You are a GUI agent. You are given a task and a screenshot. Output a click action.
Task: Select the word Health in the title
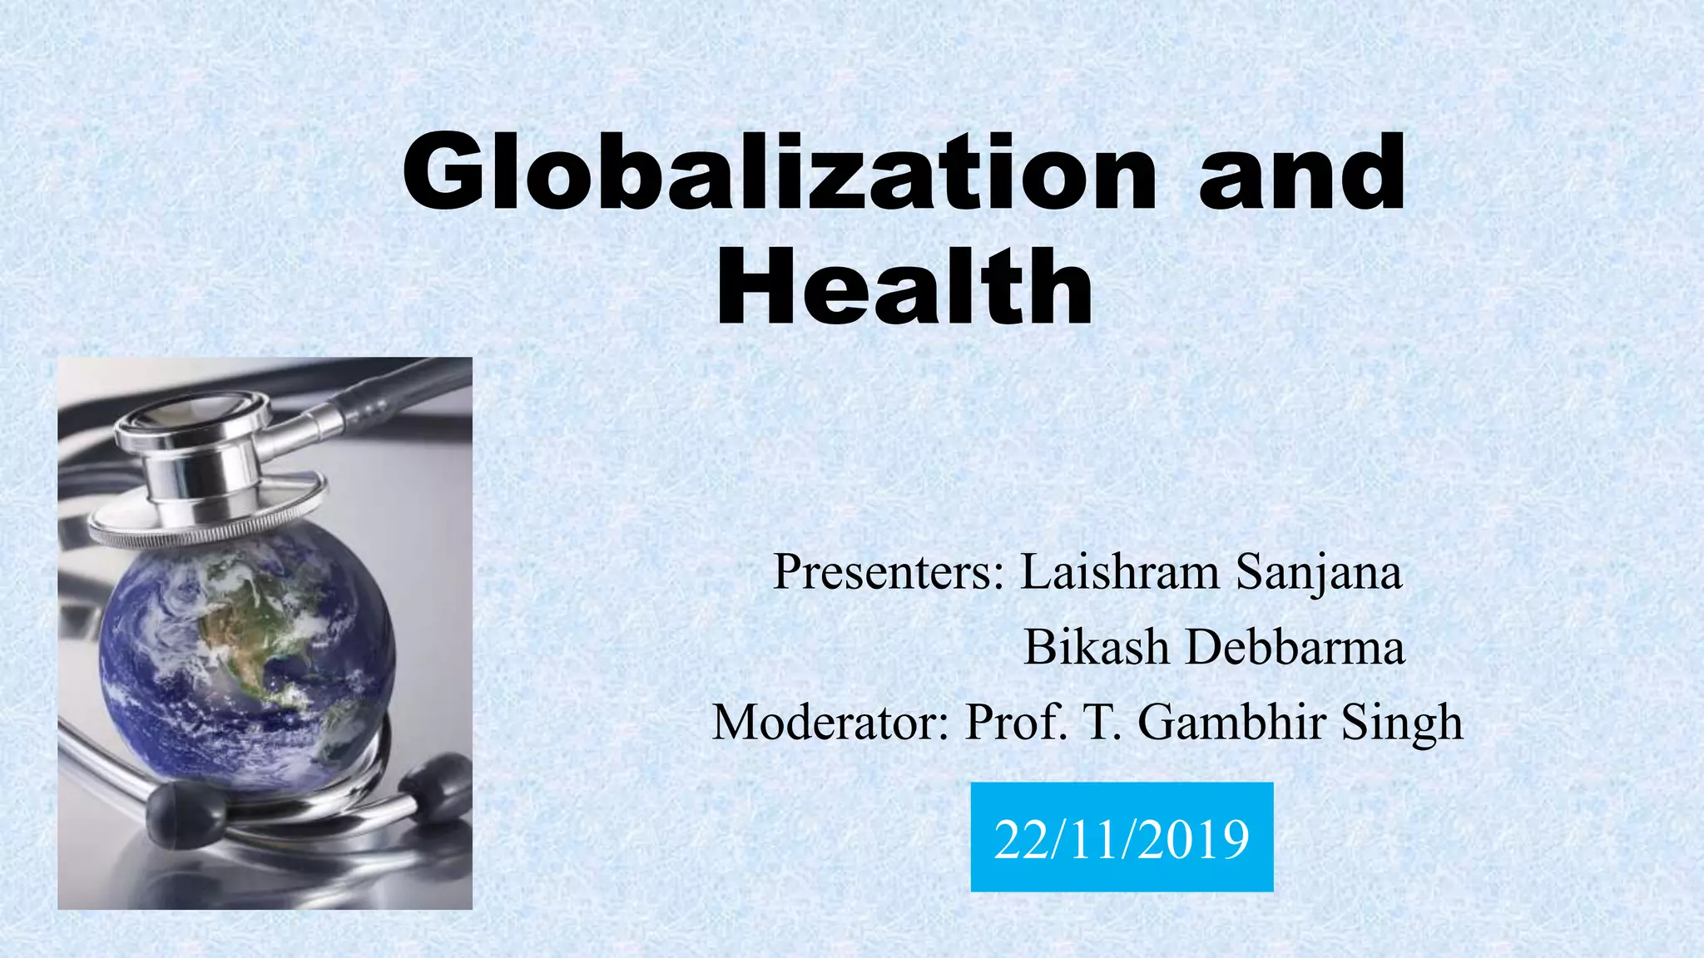tap(904, 287)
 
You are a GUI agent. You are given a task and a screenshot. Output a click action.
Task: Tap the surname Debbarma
tap(1295, 647)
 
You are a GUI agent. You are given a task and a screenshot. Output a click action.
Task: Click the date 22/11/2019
tap(1122, 838)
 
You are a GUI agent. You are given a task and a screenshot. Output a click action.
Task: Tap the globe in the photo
tap(245, 657)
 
